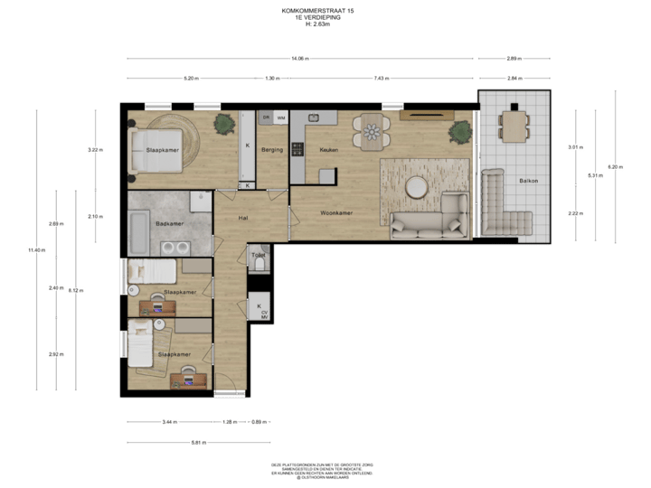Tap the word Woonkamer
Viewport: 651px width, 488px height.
(335, 213)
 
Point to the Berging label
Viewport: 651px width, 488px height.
(272, 149)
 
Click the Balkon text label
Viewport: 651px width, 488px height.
(528, 181)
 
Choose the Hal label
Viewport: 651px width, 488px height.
(243, 218)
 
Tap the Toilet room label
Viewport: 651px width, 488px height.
(259, 255)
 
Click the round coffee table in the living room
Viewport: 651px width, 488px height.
(417, 187)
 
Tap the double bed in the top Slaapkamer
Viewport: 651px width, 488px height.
(161, 147)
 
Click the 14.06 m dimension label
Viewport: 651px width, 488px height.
(300, 59)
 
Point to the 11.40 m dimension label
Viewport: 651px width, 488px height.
(36, 249)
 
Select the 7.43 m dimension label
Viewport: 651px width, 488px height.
(381, 79)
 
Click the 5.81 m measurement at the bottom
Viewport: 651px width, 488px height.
(199, 442)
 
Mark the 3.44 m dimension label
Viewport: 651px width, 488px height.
(169, 422)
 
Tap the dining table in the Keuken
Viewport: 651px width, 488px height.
(372, 132)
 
